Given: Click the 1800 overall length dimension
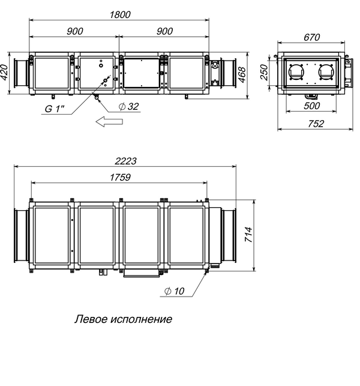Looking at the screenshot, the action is pyautogui.click(x=120, y=15).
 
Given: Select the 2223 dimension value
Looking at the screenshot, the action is pyautogui.click(x=125, y=161).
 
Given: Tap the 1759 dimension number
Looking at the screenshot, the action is pyautogui.click(x=120, y=178).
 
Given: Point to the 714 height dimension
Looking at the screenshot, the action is pyautogui.click(x=248, y=235).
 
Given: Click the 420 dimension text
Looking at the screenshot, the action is pyautogui.click(x=4, y=72).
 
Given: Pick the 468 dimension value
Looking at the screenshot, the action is pyautogui.click(x=242, y=75).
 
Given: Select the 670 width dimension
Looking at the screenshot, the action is pyautogui.click(x=311, y=37).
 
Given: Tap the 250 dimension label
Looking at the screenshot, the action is pyautogui.click(x=264, y=73).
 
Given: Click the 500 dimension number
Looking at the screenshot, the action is pyautogui.click(x=311, y=106).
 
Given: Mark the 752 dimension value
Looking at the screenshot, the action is pyautogui.click(x=316, y=124).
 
